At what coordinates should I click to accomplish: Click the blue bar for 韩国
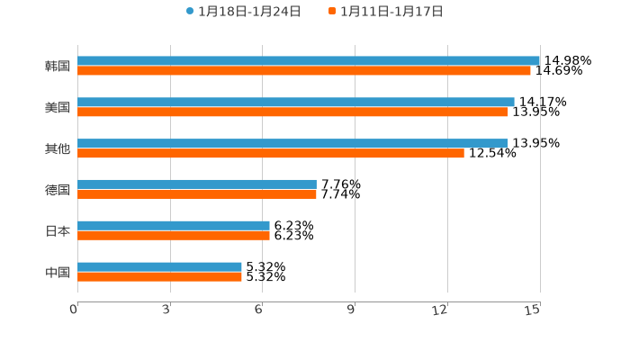tap(309, 61)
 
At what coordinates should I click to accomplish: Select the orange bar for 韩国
tap(304, 71)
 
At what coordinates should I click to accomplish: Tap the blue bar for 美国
tap(296, 103)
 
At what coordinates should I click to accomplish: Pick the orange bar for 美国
tap(292, 112)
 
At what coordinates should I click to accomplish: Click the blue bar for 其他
tap(292, 144)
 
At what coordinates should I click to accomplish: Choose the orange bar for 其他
tap(271, 154)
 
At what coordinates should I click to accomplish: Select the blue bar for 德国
tap(197, 184)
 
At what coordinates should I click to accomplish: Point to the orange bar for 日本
tap(174, 236)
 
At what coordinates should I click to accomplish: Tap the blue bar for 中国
tap(159, 267)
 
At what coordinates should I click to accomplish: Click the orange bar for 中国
tap(159, 277)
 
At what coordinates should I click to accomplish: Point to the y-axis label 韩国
tap(58, 67)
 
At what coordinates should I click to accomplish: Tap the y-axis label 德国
tap(58, 190)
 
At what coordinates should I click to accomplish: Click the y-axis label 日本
tap(58, 231)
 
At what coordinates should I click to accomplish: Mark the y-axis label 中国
tap(58, 273)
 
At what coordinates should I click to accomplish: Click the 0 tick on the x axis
tap(75, 310)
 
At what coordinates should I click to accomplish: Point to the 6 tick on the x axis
tap(259, 310)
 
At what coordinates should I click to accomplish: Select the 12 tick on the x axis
tap(440, 310)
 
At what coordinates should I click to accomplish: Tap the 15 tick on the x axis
tap(533, 310)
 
